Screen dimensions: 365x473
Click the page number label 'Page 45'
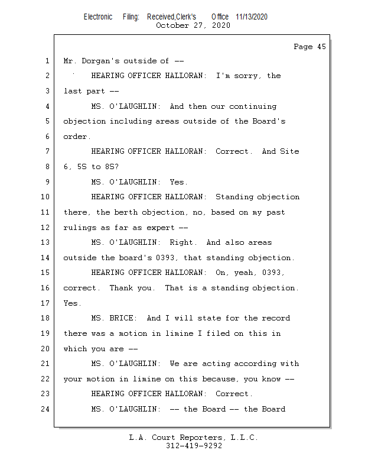(x=309, y=47)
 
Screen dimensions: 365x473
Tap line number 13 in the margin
(x=45, y=242)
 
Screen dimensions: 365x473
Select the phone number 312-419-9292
(x=194, y=446)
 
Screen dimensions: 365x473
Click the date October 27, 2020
(x=193, y=25)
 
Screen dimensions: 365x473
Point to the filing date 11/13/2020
(x=252, y=17)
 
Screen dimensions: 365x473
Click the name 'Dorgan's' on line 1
(x=100, y=61)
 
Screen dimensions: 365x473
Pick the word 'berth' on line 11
(x=125, y=212)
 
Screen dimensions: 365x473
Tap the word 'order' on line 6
(x=75, y=137)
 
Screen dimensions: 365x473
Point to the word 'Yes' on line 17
(x=70, y=303)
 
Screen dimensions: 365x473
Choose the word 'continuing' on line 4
(x=253, y=106)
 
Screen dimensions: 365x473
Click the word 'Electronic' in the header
(x=98, y=17)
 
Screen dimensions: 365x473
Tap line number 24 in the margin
(x=45, y=409)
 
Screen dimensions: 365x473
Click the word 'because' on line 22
(x=219, y=379)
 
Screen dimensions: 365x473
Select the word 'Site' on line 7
(x=289, y=151)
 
